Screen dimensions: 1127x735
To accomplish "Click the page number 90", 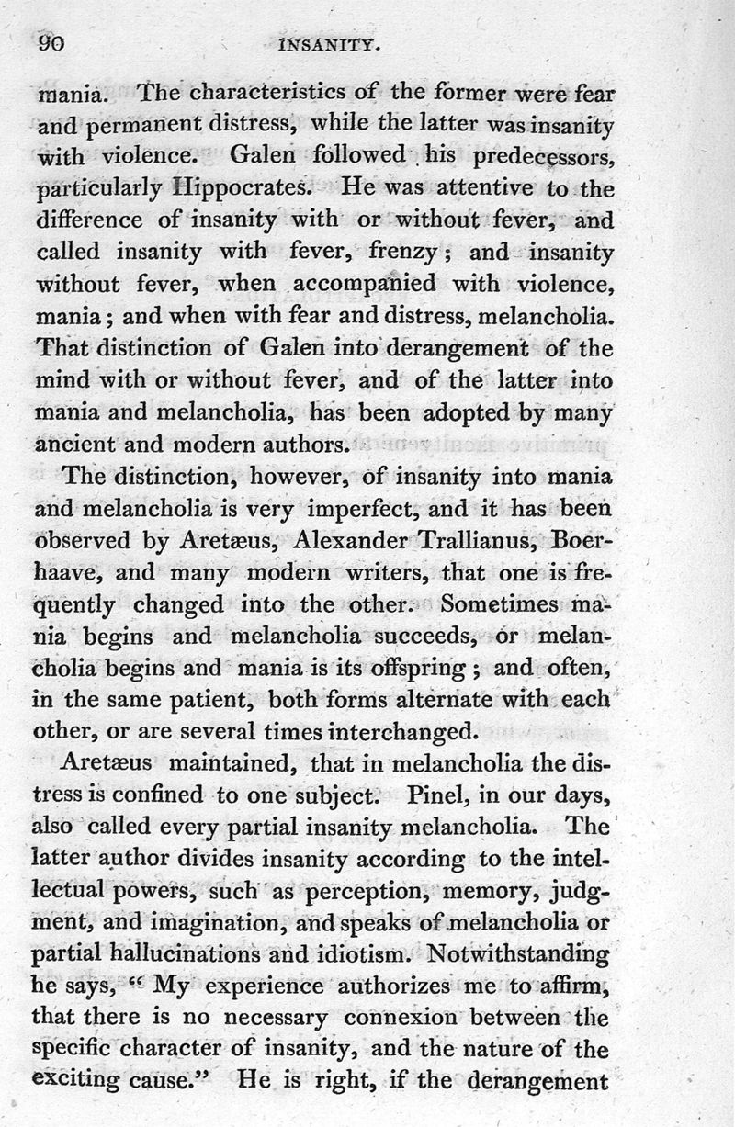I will pyautogui.click(x=49, y=44).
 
